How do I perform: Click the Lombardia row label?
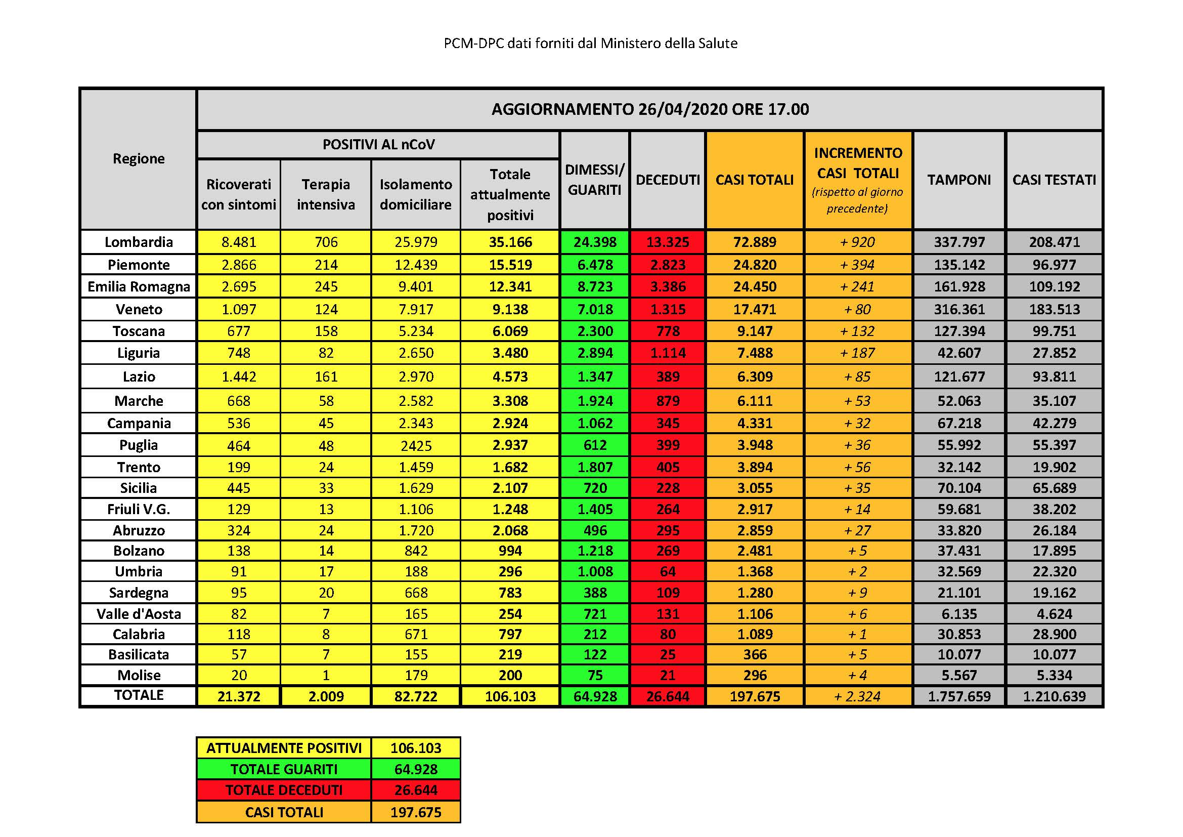tap(138, 242)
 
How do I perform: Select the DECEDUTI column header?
tap(668, 180)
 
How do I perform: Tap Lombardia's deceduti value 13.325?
tap(668, 242)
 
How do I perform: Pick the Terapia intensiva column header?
tap(326, 194)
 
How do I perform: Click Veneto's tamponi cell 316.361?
tap(959, 309)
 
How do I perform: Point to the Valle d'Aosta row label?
tap(138, 614)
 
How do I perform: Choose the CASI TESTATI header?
tap(1054, 180)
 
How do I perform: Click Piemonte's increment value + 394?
tap(857, 265)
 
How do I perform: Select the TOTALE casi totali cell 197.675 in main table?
tap(755, 696)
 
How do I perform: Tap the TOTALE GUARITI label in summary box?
tap(284, 770)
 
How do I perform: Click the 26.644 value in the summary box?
tap(416, 790)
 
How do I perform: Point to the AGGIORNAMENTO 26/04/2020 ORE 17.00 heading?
tap(650, 109)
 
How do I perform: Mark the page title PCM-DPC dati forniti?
tap(590, 44)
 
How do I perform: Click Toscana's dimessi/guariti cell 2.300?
tap(595, 331)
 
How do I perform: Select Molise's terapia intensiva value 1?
tap(326, 675)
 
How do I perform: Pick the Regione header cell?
tap(138, 159)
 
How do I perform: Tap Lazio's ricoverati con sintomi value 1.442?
tap(239, 377)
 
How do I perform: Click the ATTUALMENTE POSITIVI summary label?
tap(284, 748)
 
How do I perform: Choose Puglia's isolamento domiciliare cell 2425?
tap(416, 445)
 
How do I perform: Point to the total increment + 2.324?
tap(857, 696)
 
